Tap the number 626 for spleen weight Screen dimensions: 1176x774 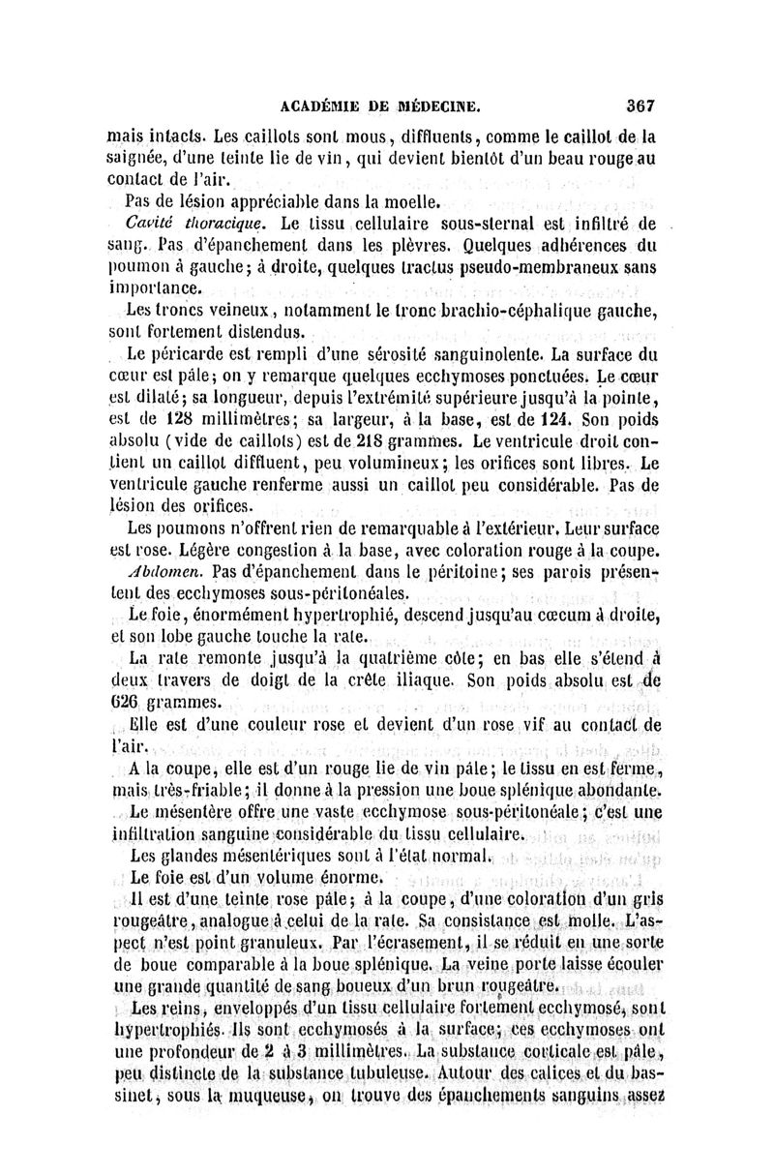click(x=125, y=701)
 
